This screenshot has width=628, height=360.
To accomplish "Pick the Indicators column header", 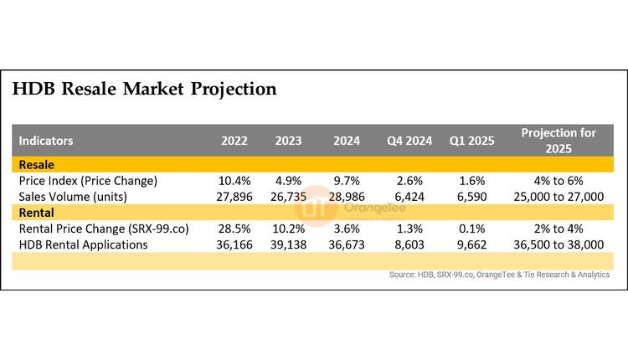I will click(46, 141).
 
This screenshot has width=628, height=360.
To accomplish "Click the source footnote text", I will click(500, 274).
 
